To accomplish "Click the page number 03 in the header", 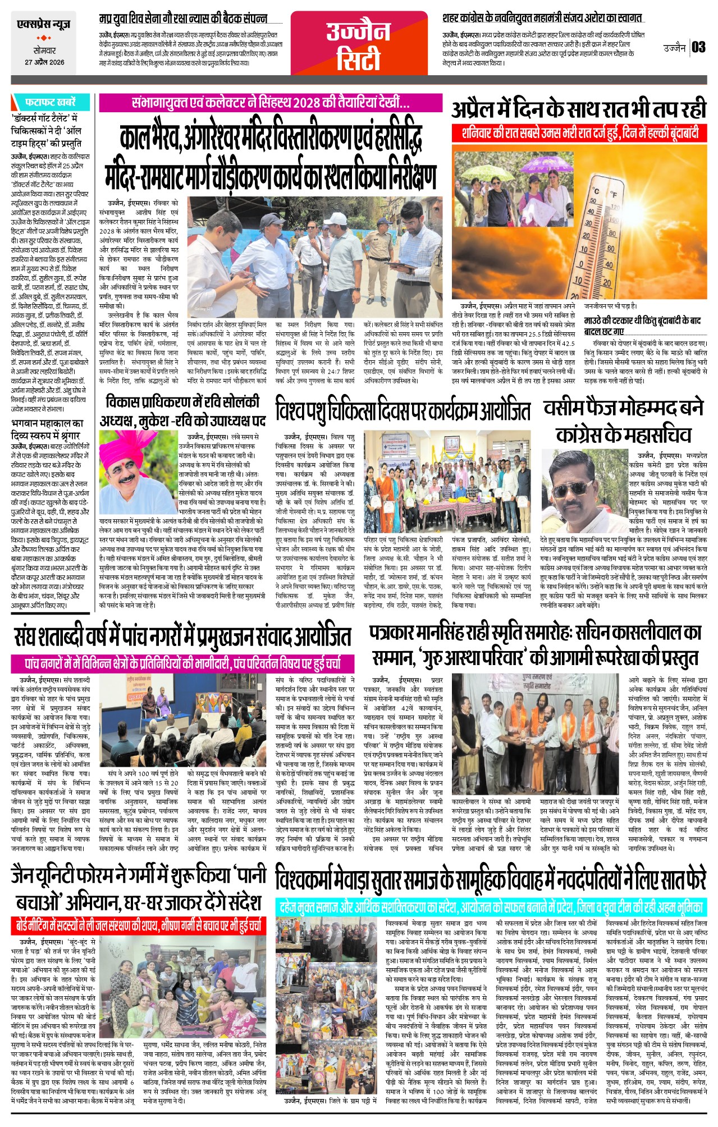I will click(698, 47).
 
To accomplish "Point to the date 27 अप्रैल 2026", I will click(44, 62).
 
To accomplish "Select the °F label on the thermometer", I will click(614, 195).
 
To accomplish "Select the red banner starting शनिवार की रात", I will click(579, 133).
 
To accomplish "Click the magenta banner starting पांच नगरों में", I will click(182, 663).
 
